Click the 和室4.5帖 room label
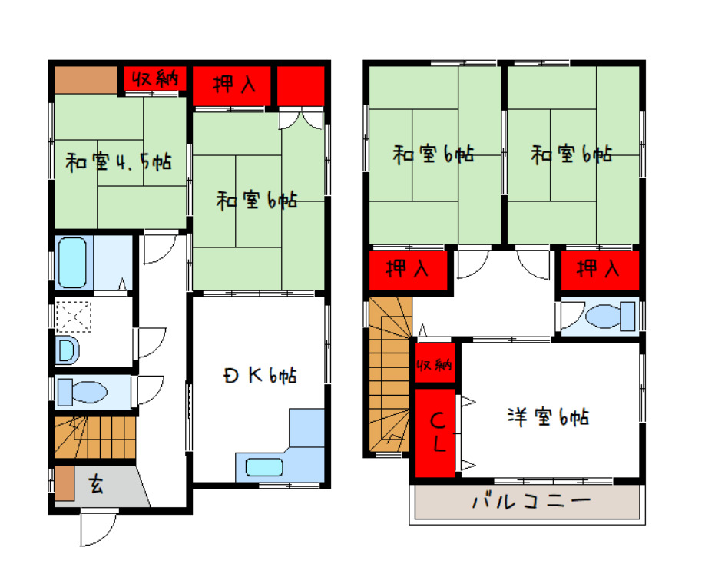pos(119,162)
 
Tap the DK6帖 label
pos(260,376)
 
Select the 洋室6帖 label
pos(548,417)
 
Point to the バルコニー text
pos(531,501)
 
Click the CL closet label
pos(438,432)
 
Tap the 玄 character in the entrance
pos(96,485)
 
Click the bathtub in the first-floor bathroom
pos(72,263)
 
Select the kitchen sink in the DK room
pos(264,467)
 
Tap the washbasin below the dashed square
pos(67,350)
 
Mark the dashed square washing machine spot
pos(74,317)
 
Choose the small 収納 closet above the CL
pos(435,363)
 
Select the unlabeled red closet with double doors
pos(300,86)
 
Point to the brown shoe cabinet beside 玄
pos(65,483)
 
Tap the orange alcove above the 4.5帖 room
pos(86,80)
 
